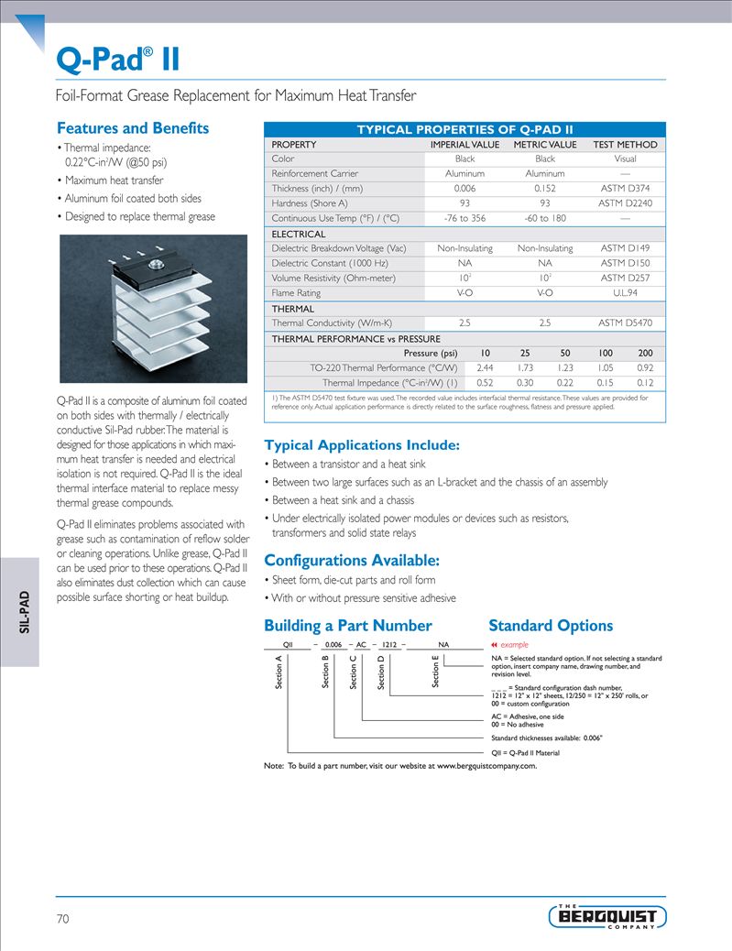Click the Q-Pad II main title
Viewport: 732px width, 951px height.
pos(117,60)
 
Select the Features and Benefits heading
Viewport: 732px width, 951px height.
pos(133,128)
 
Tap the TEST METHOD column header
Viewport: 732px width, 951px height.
pos(625,145)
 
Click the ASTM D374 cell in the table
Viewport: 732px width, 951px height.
pos(625,189)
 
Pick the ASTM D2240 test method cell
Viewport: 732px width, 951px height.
pos(625,203)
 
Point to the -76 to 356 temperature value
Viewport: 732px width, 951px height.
pos(464,218)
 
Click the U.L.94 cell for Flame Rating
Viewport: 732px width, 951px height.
pos(625,293)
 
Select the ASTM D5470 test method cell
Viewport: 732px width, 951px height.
pos(625,323)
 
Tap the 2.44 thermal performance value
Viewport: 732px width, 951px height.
pos(486,367)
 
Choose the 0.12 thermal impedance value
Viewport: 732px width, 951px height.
pos(645,383)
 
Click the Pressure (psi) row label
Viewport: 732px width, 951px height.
pos(430,354)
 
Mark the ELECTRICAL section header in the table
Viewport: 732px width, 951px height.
pos(299,235)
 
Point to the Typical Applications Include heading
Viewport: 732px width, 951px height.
pos(362,446)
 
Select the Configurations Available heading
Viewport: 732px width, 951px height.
pos(352,561)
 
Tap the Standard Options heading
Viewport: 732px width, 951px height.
pos(551,626)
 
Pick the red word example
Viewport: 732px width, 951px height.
pos(514,645)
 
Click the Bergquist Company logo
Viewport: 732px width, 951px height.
pos(606,916)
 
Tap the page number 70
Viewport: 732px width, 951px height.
pos(63,918)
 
